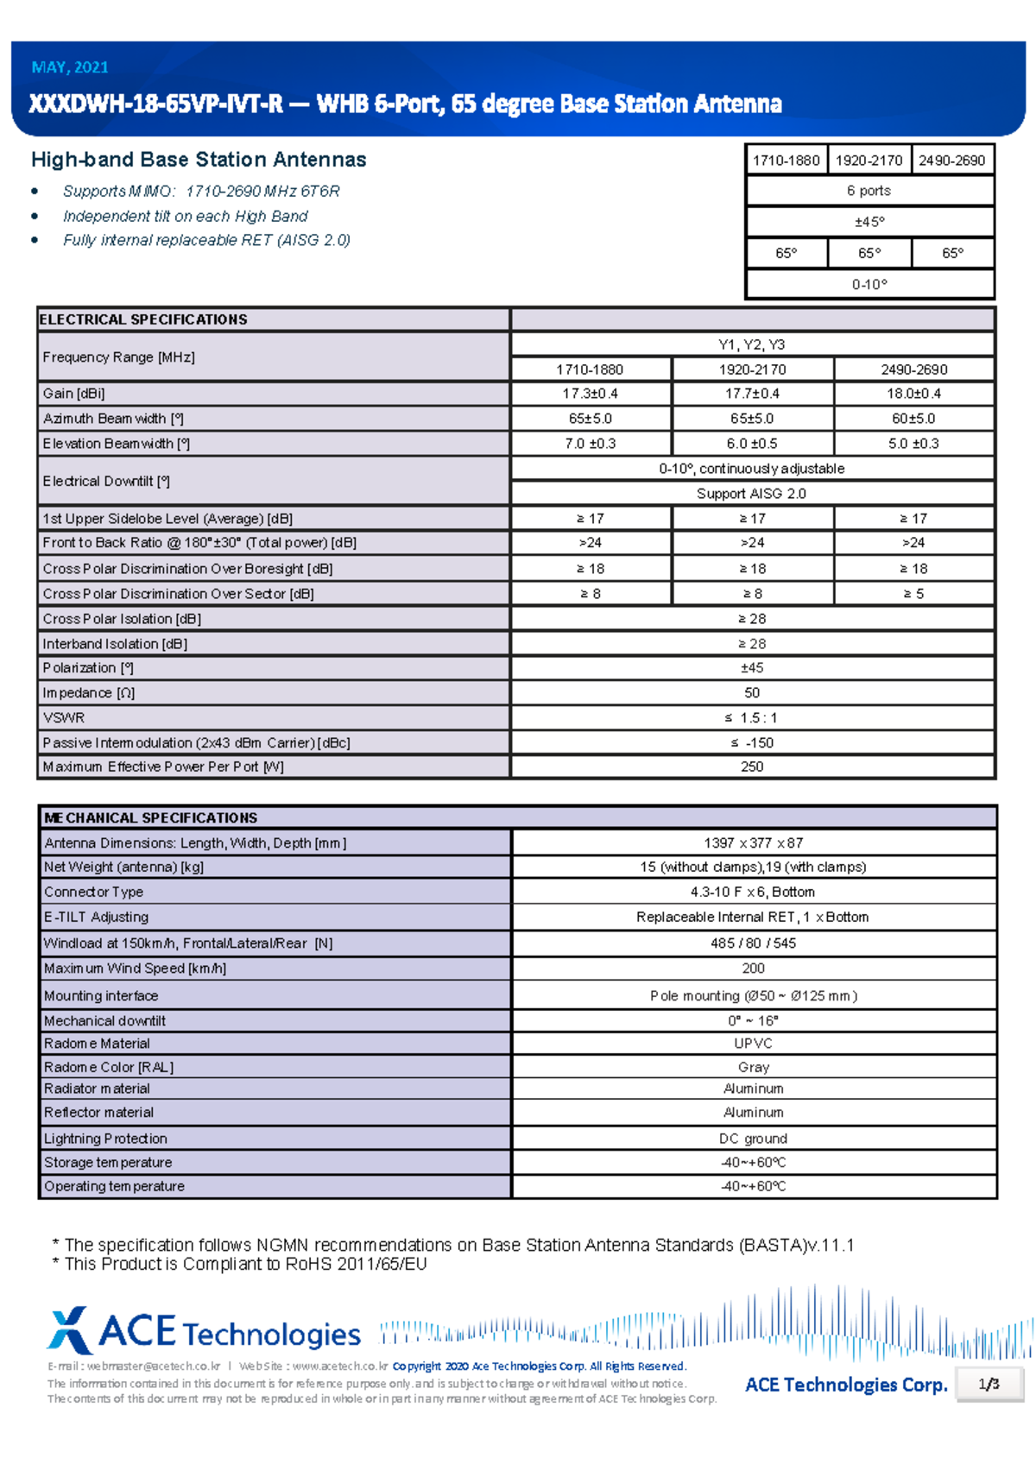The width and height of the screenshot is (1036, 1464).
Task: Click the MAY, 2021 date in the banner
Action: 70,67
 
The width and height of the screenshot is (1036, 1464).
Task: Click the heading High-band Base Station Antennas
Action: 199,160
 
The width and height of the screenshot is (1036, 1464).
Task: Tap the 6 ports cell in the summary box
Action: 869,191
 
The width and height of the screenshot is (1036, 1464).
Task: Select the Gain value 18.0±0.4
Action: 913,394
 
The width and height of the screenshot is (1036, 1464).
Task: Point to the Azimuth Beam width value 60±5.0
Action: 913,419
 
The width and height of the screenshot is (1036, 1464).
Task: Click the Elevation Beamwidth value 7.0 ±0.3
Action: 591,444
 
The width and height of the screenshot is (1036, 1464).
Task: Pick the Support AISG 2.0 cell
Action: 751,494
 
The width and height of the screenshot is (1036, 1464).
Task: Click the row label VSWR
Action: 64,718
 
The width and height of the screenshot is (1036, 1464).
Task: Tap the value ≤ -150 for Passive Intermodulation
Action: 751,743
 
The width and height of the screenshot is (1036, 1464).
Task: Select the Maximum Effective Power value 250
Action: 751,767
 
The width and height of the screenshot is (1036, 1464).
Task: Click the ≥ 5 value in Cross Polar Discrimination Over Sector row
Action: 913,594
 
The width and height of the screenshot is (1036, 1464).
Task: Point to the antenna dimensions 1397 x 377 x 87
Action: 753,843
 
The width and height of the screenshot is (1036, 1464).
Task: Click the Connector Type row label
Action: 93,893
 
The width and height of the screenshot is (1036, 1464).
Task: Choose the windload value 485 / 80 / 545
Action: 753,943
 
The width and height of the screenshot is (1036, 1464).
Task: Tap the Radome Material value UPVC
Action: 753,1044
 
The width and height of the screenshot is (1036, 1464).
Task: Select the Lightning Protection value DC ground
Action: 753,1139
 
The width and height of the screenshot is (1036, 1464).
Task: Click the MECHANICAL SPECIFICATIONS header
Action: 150,818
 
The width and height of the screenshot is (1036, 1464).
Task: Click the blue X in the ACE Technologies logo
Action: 69,1330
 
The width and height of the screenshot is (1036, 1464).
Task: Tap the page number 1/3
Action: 989,1385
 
